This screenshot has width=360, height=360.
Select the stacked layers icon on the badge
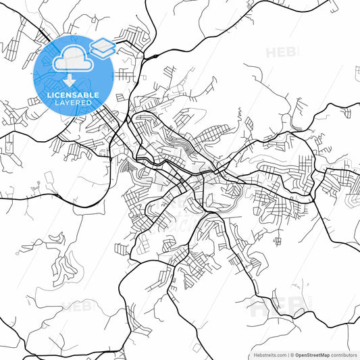click(102, 47)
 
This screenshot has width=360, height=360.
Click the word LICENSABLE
click(73, 95)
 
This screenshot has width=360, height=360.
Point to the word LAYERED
click(73, 103)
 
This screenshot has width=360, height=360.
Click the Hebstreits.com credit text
click(268, 355)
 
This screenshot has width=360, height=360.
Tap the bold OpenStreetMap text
click(311, 355)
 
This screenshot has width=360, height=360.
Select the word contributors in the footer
click(344, 355)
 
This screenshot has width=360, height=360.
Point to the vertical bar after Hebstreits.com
click(286, 355)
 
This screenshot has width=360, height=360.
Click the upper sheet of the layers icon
click(102, 44)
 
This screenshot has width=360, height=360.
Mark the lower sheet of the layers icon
click(102, 51)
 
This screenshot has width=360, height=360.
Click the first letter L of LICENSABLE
click(49, 95)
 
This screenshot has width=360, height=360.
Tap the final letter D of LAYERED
click(90, 103)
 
